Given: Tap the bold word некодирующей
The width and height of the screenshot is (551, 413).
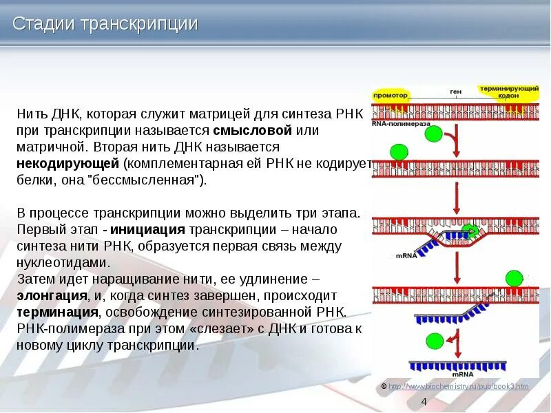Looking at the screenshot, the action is [x=68, y=164].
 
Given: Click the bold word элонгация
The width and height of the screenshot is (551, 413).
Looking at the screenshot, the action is [x=52, y=296].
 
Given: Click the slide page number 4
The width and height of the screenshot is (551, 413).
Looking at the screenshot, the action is [x=424, y=402].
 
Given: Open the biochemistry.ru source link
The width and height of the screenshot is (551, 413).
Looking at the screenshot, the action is [x=459, y=386].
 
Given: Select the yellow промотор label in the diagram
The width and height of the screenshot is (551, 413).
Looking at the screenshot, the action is [x=391, y=95].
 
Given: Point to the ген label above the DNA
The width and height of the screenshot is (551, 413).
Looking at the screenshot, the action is [x=455, y=92].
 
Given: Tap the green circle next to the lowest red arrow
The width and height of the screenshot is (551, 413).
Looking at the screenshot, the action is [x=435, y=341].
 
